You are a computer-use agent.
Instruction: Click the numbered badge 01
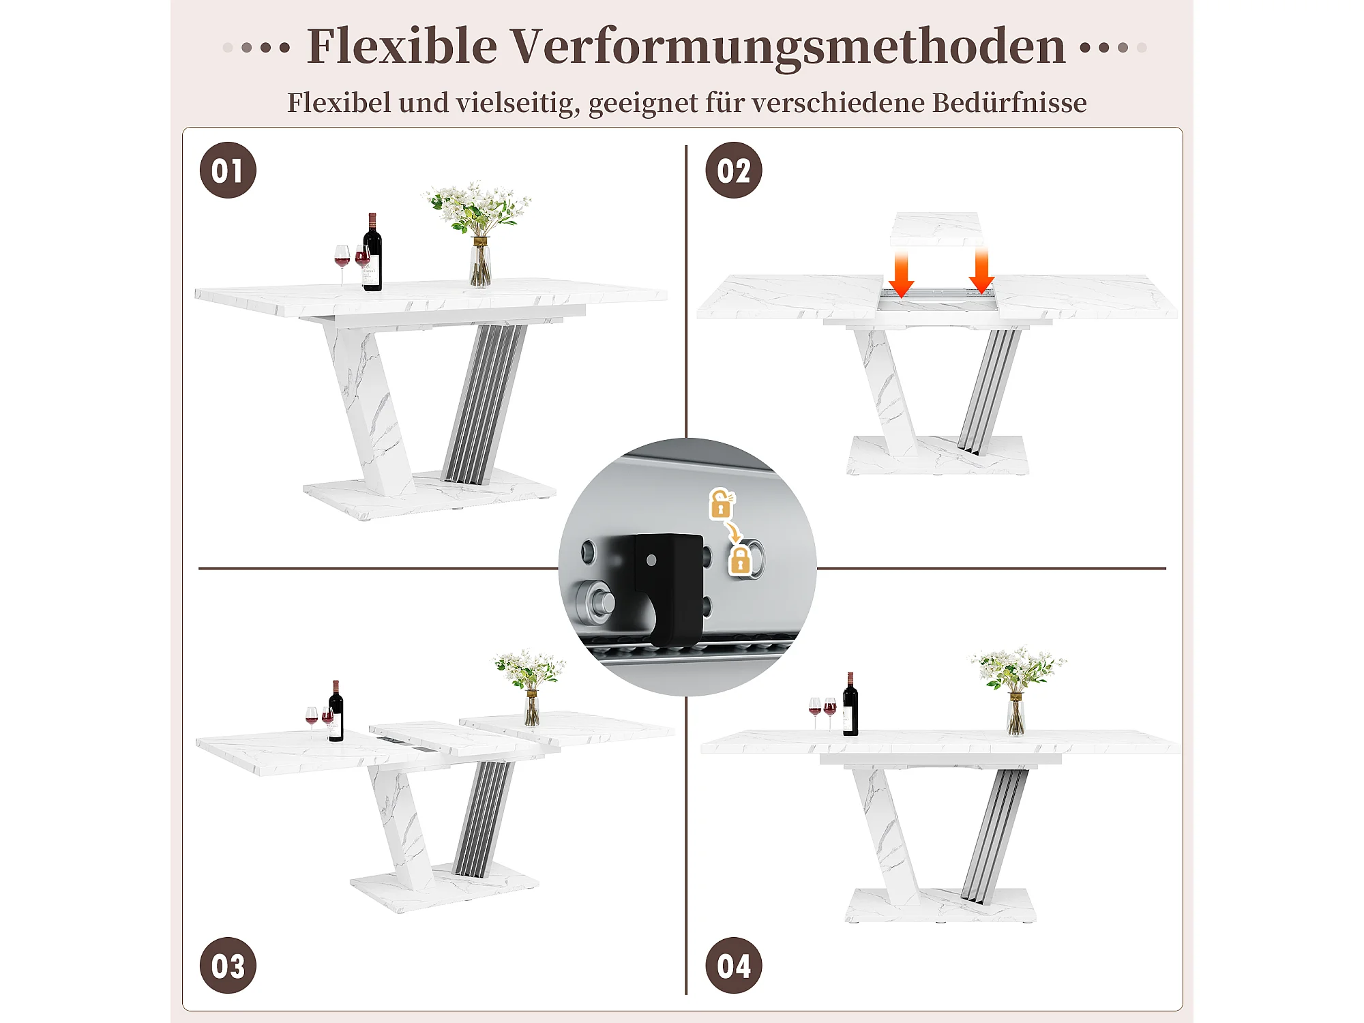click(228, 170)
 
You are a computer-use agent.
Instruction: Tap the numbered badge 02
click(734, 170)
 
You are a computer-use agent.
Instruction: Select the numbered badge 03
click(228, 966)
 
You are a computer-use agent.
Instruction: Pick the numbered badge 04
click(734, 966)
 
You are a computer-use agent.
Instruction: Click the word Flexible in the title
click(402, 46)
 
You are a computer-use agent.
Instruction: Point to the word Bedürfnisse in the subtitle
click(1009, 102)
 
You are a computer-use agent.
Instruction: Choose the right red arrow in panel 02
click(981, 271)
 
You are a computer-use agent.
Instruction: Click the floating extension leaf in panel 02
click(936, 228)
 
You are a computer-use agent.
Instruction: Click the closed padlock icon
click(740, 561)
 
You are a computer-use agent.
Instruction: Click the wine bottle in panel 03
click(336, 711)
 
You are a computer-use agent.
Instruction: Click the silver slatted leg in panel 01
click(484, 404)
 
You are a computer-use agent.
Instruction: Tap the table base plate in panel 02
click(938, 455)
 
